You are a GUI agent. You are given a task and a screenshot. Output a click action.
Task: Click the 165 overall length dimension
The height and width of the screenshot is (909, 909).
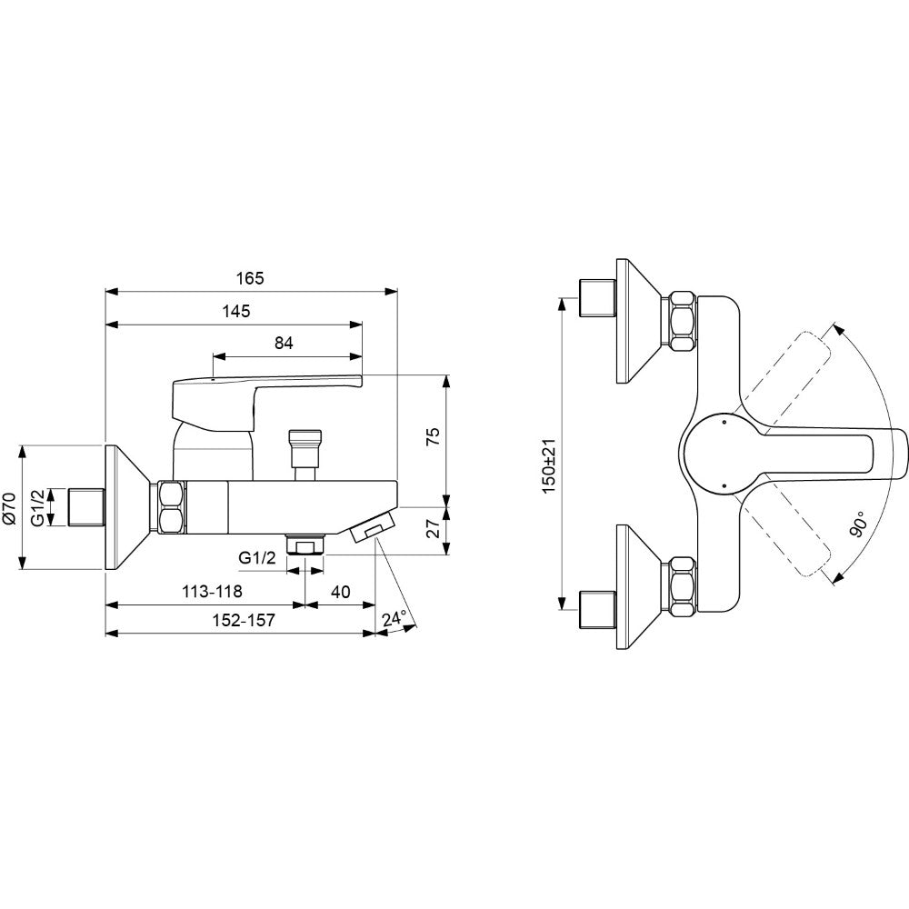click(250, 278)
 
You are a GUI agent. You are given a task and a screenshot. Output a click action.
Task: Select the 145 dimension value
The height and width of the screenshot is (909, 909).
click(236, 311)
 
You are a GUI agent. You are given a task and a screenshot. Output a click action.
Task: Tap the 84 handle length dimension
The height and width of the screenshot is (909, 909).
click(284, 344)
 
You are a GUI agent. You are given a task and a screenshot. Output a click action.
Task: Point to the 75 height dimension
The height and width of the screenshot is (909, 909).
click(433, 435)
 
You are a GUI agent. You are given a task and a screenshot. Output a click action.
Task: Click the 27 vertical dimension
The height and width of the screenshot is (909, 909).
click(433, 529)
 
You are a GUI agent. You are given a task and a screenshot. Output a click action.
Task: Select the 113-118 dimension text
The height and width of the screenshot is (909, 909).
click(212, 592)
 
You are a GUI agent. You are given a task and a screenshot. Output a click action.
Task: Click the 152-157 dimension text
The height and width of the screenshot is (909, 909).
click(243, 620)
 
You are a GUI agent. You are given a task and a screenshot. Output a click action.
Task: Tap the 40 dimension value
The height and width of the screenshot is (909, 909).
click(341, 592)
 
